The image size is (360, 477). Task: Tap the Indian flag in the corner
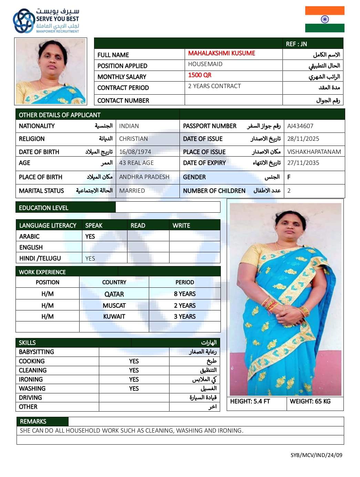point(325,19)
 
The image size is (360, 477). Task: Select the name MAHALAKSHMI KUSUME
point(222,53)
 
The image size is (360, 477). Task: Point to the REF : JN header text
point(296,44)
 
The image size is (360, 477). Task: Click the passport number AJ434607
point(300,126)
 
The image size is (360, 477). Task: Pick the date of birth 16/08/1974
point(135,152)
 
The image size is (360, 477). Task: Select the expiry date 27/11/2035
point(303,163)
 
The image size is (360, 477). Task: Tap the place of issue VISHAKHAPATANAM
point(314,152)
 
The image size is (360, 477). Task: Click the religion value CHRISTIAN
point(133,139)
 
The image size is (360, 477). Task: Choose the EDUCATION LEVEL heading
point(44,208)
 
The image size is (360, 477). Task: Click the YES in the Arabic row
point(90,236)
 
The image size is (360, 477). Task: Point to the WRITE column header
point(181,225)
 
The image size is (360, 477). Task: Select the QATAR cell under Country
point(114,294)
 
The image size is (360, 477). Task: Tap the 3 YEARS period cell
point(185,317)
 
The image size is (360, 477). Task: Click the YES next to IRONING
point(134,379)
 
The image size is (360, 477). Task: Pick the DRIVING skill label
point(30,397)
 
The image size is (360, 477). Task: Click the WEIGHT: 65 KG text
point(310,401)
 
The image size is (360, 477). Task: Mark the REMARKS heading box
point(33,422)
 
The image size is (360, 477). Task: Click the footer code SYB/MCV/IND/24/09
point(316,455)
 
